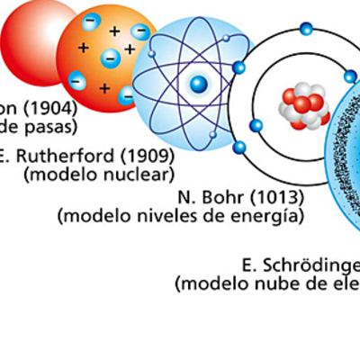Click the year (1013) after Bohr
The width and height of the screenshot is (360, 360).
pyautogui.click(x=275, y=197)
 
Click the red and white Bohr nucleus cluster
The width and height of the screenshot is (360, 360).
pyautogui.click(x=300, y=106)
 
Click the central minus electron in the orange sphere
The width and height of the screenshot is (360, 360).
pyautogui.click(x=110, y=58)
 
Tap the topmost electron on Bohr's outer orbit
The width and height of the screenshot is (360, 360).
pyautogui.click(x=306, y=29)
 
